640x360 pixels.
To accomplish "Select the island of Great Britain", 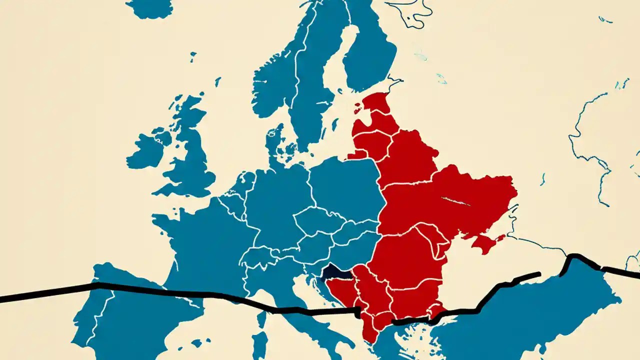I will tap(187, 150).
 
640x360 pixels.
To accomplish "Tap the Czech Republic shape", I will tap(317, 220).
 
